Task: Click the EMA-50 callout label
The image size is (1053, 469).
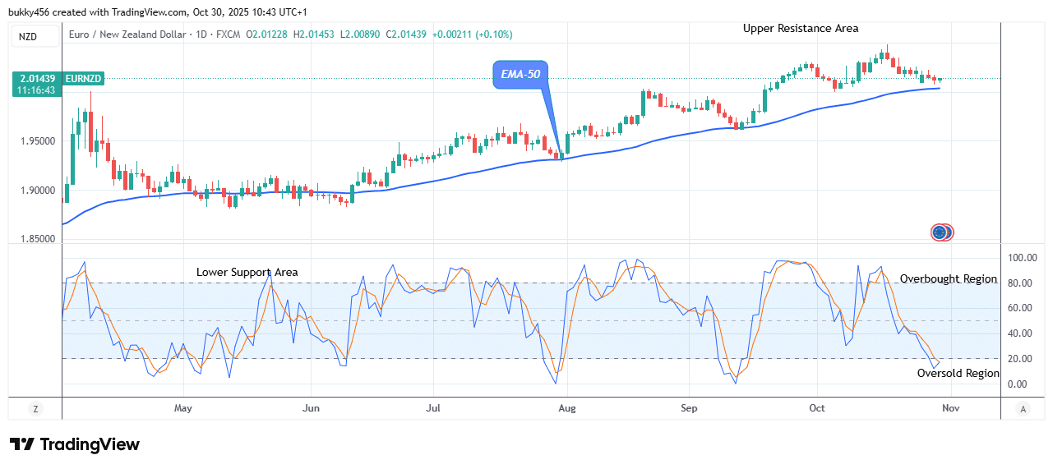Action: tap(521, 75)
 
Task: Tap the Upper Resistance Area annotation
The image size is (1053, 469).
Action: tap(801, 29)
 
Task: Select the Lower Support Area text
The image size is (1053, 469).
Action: tap(247, 272)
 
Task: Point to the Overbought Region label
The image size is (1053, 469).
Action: tap(948, 279)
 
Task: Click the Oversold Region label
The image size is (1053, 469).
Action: tap(958, 373)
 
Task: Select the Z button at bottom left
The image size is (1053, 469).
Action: tap(35, 408)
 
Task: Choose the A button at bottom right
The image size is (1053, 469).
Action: tap(1023, 408)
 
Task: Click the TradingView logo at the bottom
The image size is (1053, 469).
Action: tap(75, 444)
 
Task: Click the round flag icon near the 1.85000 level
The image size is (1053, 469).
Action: tap(941, 232)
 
